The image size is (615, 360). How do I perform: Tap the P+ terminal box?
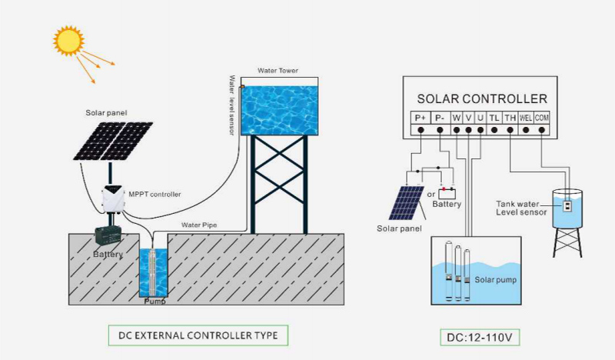click(x=421, y=118)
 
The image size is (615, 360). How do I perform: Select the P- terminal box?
click(x=440, y=118)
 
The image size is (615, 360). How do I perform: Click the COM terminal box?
click(x=542, y=118)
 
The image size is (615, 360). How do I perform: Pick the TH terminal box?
click(x=510, y=118)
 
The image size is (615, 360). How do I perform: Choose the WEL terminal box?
click(x=526, y=118)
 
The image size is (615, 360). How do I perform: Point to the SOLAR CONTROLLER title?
click(x=482, y=98)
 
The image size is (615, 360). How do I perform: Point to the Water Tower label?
click(x=278, y=71)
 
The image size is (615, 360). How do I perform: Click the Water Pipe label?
click(x=199, y=225)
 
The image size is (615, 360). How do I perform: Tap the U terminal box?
click(x=480, y=118)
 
